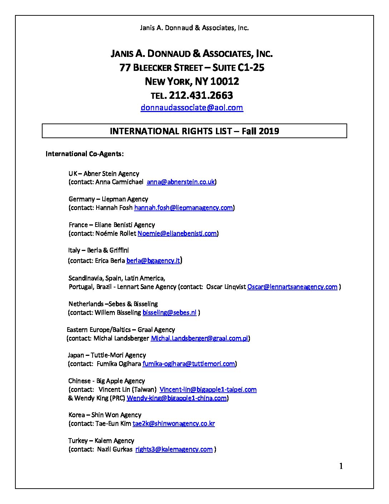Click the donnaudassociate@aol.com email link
tap(192, 108)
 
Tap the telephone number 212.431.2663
tap(201, 95)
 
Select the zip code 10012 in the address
tap(225, 82)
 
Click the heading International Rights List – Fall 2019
tap(194, 131)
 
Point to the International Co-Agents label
tap(84, 154)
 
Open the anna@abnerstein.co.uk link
tap(181, 182)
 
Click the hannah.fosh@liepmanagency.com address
tap(183, 208)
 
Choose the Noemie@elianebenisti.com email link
tap(177, 233)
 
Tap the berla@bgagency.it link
tap(153, 261)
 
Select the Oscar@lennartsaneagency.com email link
tap(292, 287)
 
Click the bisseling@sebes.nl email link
tap(169, 312)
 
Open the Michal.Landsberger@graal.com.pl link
tap(199, 338)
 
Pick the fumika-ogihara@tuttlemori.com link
tap(188, 364)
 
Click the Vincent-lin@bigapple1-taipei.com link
tap(208, 389)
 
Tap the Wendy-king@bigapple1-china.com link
tap(177, 398)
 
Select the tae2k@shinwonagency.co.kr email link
tap(173, 423)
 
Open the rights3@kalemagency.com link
tap(174, 449)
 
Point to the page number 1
tap(341, 466)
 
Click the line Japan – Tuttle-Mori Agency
tap(107, 355)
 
